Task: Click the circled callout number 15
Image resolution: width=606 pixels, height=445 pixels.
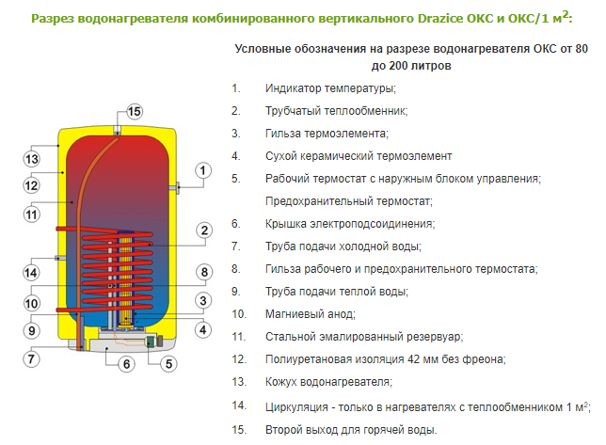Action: (x=135, y=112)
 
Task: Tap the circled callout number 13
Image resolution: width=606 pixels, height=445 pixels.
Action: (x=32, y=159)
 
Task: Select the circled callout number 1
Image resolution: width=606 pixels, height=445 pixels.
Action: (x=203, y=170)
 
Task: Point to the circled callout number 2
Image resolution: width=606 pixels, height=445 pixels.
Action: (x=204, y=230)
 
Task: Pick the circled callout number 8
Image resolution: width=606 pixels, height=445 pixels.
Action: (x=204, y=272)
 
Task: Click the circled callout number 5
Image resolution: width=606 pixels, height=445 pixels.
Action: (x=168, y=364)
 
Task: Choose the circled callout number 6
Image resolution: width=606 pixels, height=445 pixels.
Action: (x=126, y=364)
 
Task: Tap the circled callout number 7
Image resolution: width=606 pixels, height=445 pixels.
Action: (x=31, y=358)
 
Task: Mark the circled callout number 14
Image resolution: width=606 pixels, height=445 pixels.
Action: (x=31, y=273)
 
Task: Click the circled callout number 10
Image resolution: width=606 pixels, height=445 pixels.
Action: (x=31, y=303)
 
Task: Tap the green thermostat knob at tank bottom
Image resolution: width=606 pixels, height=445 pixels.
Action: (x=150, y=342)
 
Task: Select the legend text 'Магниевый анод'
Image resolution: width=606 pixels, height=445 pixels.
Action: (x=310, y=314)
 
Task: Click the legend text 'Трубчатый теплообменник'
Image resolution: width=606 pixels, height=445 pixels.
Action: (x=335, y=111)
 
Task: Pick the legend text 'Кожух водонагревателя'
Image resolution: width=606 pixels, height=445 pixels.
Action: (x=327, y=382)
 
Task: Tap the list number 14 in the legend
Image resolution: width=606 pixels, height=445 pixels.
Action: (x=239, y=405)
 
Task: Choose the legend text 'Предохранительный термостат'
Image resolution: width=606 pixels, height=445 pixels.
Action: (x=348, y=201)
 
